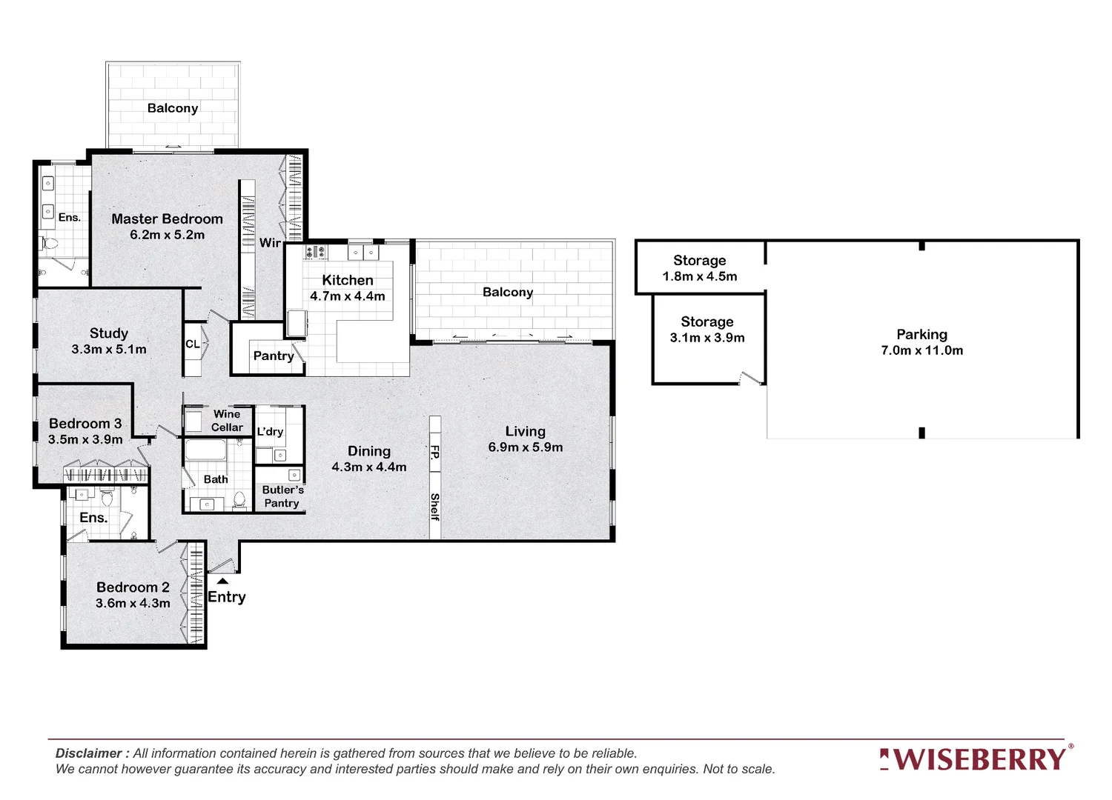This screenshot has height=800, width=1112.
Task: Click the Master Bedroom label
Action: pyautogui.click(x=167, y=219)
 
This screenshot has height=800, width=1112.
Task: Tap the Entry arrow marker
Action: pyautogui.click(x=222, y=581)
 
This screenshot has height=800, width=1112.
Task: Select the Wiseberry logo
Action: pyautogui.click(x=976, y=759)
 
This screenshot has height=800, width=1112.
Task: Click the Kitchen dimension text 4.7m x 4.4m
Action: pyautogui.click(x=347, y=296)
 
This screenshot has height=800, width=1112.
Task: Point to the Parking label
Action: pyautogui.click(x=921, y=335)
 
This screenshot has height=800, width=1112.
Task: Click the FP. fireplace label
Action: pyautogui.click(x=435, y=452)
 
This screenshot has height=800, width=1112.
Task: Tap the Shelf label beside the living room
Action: pyautogui.click(x=435, y=507)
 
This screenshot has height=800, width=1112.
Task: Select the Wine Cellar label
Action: pyautogui.click(x=226, y=421)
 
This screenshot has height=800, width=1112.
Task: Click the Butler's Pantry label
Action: pyautogui.click(x=282, y=496)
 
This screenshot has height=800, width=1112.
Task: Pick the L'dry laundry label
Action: pyautogui.click(x=270, y=432)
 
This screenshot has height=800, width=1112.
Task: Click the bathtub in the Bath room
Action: pyautogui.click(x=205, y=451)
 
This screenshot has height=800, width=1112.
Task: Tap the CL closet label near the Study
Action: pyautogui.click(x=192, y=344)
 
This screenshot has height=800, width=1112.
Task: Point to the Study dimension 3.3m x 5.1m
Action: pyautogui.click(x=109, y=350)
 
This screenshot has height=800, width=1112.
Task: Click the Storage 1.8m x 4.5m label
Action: pyautogui.click(x=699, y=268)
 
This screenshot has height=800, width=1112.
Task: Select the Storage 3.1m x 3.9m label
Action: pyautogui.click(x=706, y=330)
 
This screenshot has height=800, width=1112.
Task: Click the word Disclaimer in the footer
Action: pyautogui.click(x=88, y=753)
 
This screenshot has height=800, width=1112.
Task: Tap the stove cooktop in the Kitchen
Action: pyautogui.click(x=315, y=252)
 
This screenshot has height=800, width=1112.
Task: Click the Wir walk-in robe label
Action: pyautogui.click(x=270, y=243)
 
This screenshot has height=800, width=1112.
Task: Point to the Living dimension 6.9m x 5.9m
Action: pyautogui.click(x=525, y=447)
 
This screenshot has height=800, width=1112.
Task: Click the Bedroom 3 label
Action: pyautogui.click(x=85, y=424)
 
